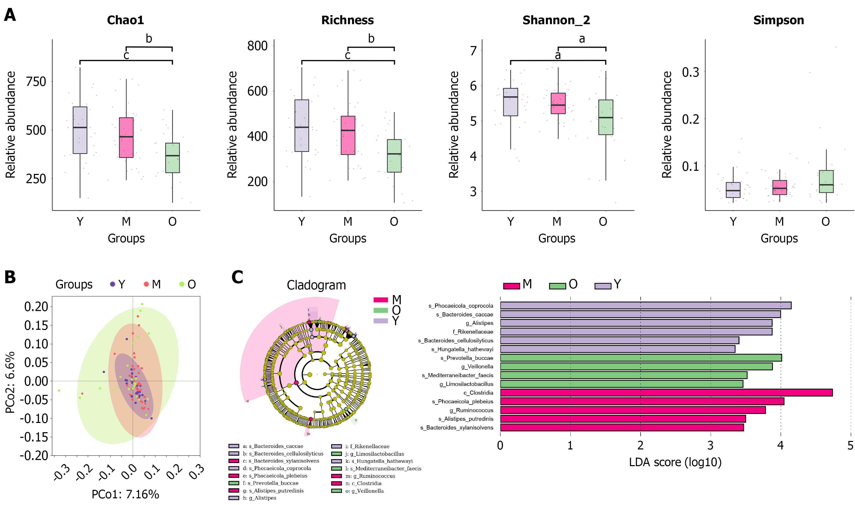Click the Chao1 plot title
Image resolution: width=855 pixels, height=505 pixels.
click(125, 20)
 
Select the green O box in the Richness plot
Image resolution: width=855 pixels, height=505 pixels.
click(394, 156)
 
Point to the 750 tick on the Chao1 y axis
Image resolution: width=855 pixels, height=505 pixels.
click(36, 82)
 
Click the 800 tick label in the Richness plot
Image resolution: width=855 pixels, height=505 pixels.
click(257, 46)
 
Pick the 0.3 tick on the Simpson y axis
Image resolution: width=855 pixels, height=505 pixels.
click(690, 72)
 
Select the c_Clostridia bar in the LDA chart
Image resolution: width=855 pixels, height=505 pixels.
click(666, 392)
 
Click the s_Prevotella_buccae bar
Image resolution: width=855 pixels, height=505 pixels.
click(641, 358)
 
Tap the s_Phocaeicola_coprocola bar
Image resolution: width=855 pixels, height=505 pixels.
click(645, 305)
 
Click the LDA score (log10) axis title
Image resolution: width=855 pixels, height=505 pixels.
click(675, 462)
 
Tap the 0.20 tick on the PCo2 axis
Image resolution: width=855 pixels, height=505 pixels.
click(36, 307)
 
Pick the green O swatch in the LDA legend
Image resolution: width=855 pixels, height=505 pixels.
click(557, 286)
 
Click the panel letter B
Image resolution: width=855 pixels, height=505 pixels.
click(10, 277)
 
